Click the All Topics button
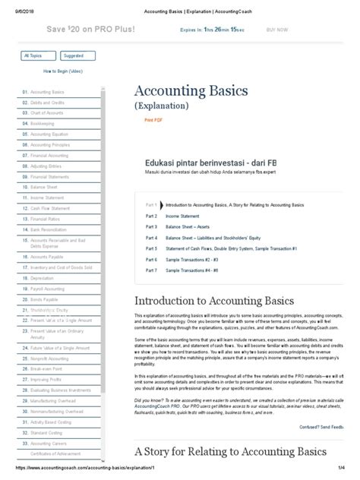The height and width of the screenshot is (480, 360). tap(37, 55)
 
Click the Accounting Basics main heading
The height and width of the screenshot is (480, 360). tap(191, 90)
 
